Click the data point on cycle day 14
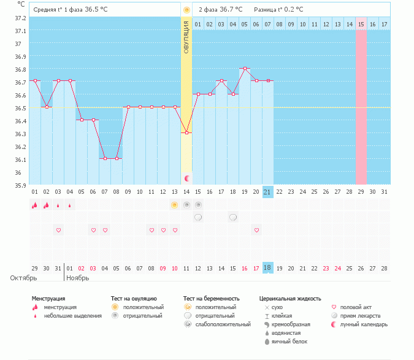pos(186,132)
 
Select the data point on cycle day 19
pos(245,69)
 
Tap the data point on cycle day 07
pos(105,158)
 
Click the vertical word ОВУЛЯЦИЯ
pos(186,36)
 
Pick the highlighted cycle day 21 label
pos(267,191)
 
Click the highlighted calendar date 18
pos(267,268)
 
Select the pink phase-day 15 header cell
pos(361,24)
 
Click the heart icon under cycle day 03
pos(58,230)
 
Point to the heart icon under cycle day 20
pos(256,230)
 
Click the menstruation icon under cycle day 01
pos(35,205)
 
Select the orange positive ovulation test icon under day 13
pos(175,205)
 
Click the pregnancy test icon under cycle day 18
pos(233,217)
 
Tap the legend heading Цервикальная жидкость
pos(290,299)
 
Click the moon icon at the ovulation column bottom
pos(187,178)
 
